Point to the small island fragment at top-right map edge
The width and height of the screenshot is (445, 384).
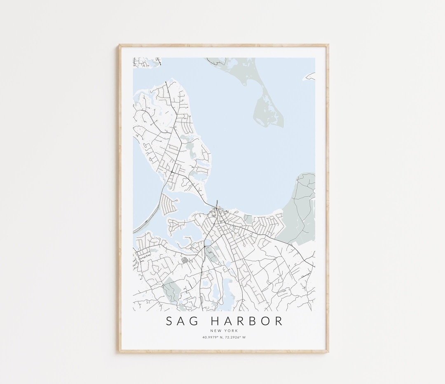[x=310, y=77]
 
